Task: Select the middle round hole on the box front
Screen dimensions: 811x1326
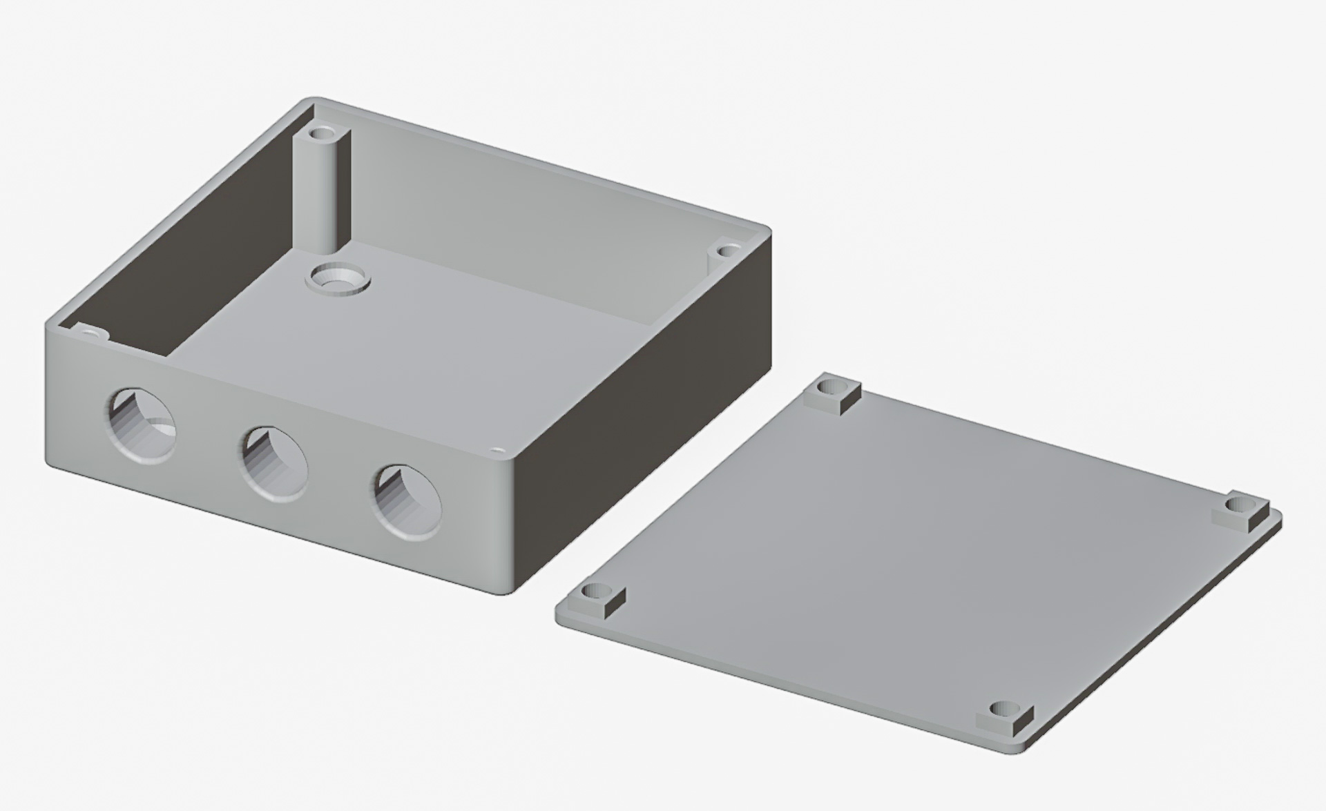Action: coord(274,463)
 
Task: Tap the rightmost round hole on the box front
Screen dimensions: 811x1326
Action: coord(407,502)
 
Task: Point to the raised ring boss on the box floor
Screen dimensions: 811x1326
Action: coord(337,279)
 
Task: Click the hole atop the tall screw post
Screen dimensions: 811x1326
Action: coord(322,131)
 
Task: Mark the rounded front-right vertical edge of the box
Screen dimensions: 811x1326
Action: coord(511,525)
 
